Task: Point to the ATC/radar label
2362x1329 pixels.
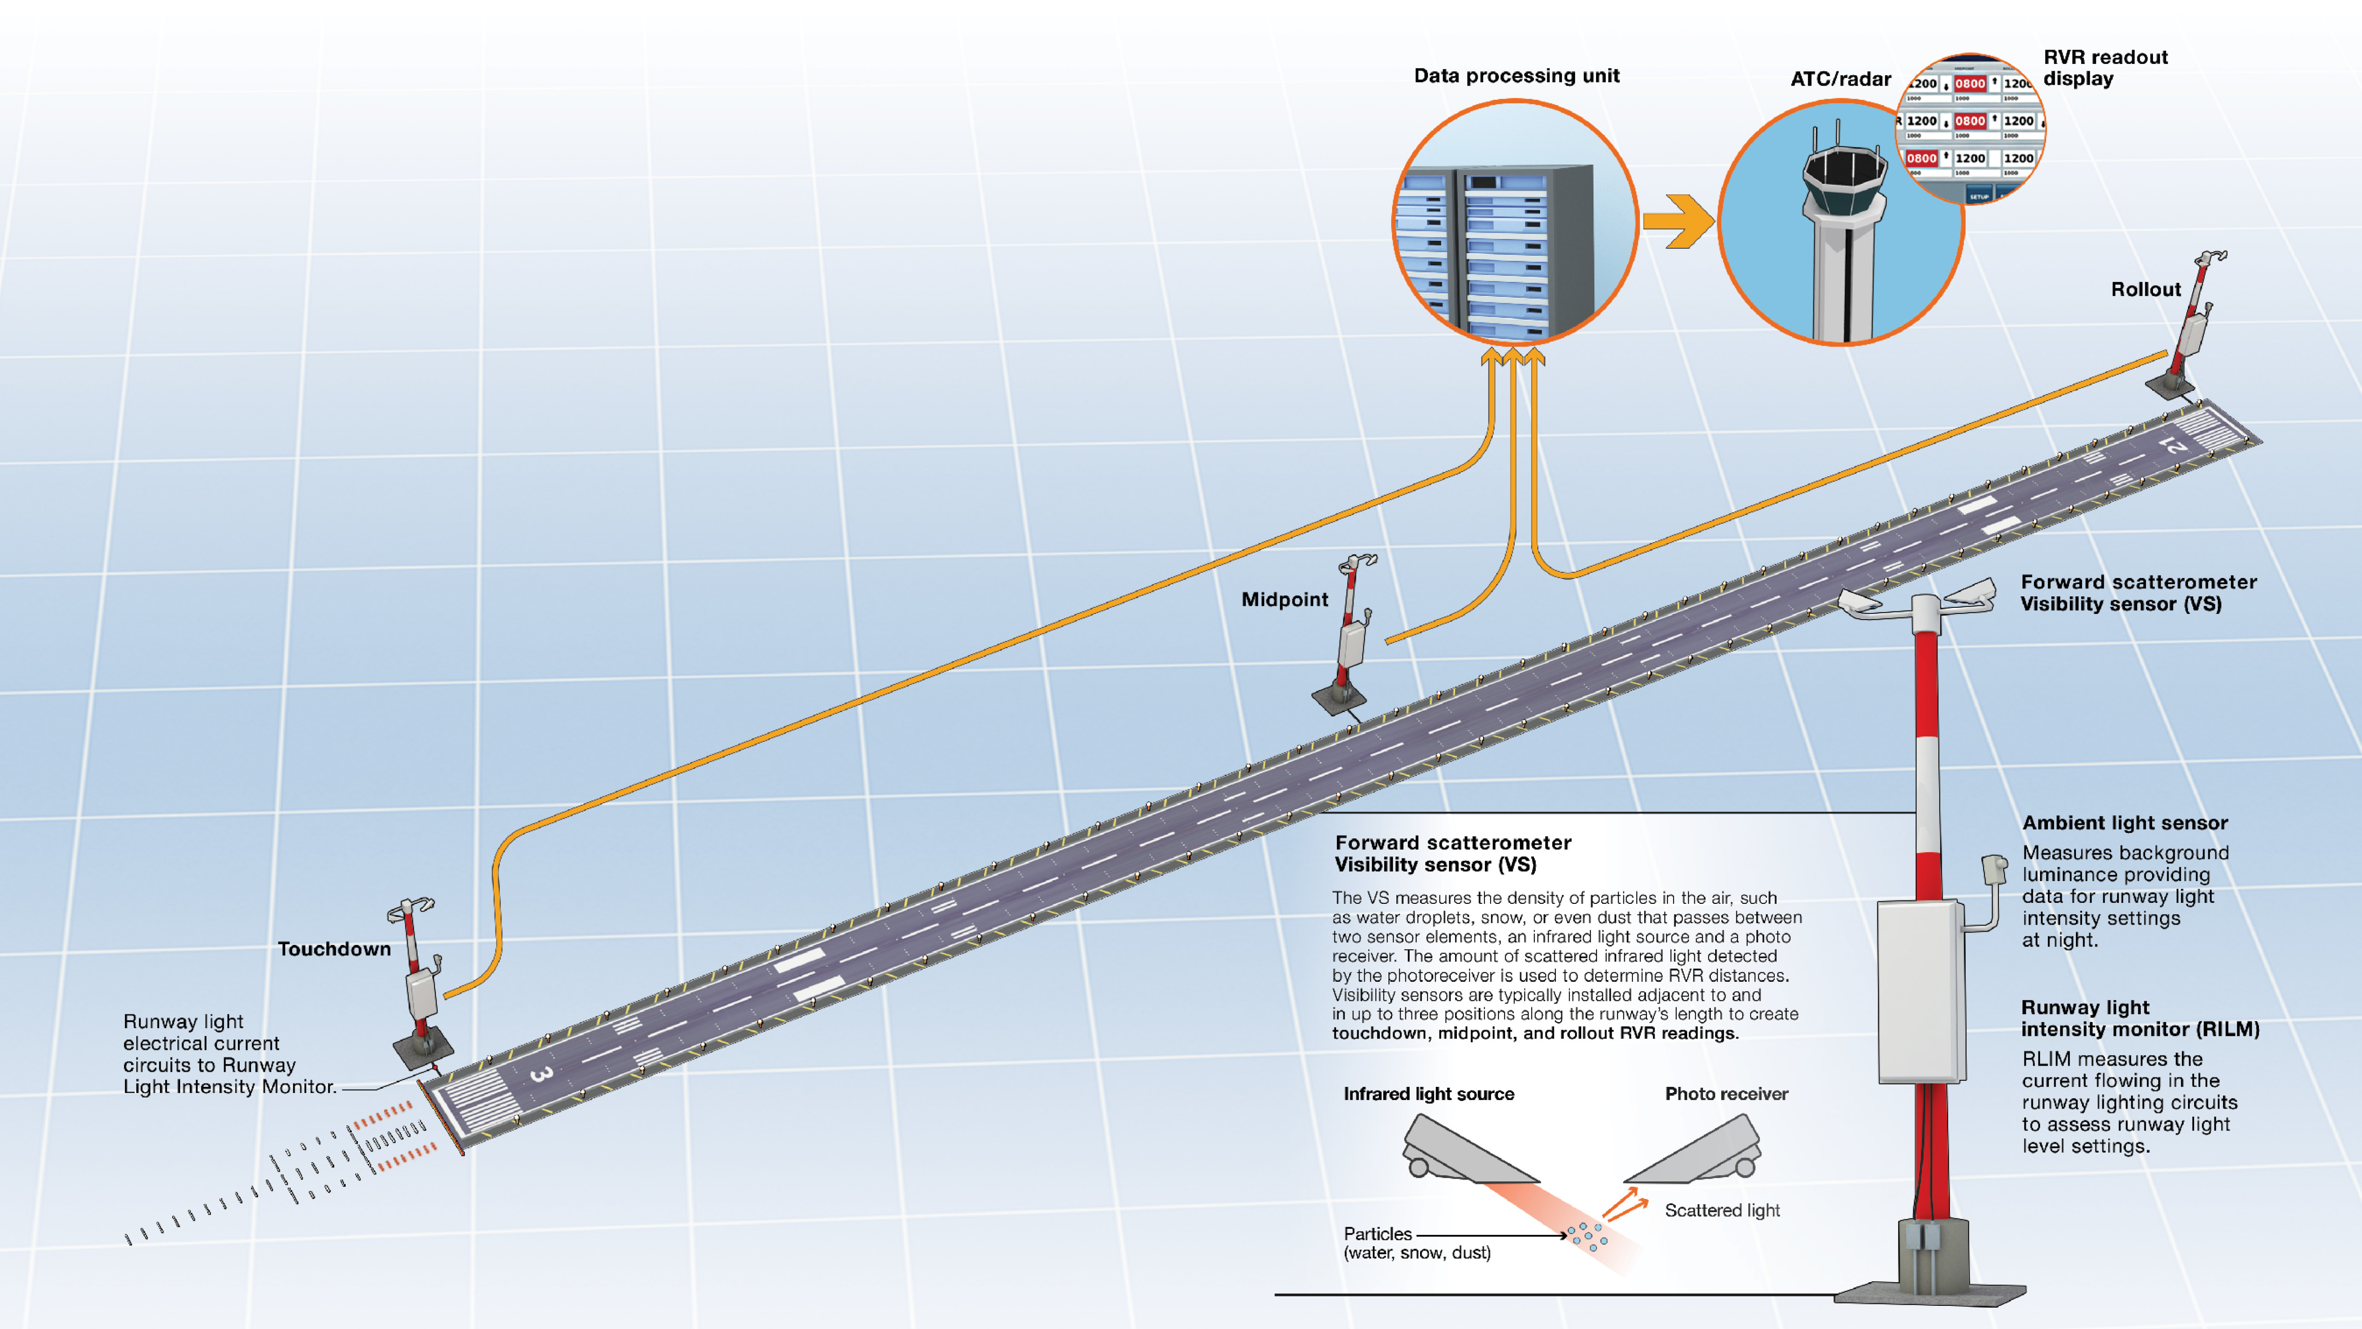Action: point(1840,80)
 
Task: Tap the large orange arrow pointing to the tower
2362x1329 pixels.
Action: point(1677,221)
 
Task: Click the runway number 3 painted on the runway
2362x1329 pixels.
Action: point(541,1073)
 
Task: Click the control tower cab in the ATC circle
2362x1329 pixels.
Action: point(1844,179)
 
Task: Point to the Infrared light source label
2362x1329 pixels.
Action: point(1429,1094)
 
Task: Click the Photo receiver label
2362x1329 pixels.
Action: point(1726,1094)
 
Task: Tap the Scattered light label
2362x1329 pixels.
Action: point(1722,1211)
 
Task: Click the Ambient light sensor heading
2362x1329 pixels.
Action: point(2125,823)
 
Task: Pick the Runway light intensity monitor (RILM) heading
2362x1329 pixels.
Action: point(2139,1018)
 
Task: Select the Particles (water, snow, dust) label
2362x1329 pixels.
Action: point(1417,1244)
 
